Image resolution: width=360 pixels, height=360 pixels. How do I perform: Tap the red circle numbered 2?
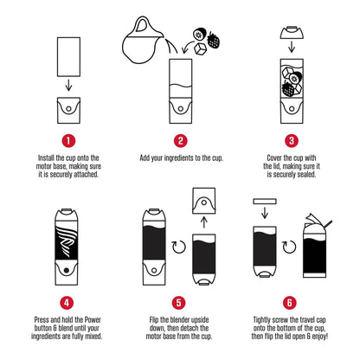click(x=180, y=138)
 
